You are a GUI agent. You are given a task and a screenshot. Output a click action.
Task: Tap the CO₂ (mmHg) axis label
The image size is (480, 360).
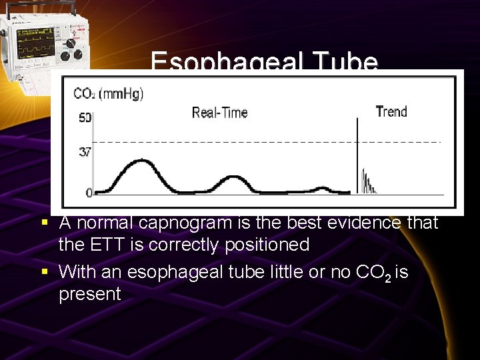pyautogui.click(x=108, y=94)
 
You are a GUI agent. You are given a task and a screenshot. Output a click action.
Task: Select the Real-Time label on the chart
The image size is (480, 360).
pyautogui.click(x=219, y=112)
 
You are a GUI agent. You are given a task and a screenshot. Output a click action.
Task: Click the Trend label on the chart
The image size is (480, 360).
pyautogui.click(x=391, y=111)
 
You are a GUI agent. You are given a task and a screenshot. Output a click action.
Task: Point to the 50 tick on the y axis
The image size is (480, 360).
pyautogui.click(x=85, y=118)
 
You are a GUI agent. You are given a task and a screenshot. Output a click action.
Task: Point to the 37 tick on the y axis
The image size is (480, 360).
pyautogui.click(x=85, y=151)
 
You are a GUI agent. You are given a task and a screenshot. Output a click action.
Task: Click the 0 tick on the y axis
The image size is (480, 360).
pyautogui.click(x=89, y=193)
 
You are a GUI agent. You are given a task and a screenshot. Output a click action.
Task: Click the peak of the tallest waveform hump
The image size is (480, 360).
pyautogui.click(x=139, y=161)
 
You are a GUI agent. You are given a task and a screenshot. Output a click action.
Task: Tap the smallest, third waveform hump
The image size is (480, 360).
pyautogui.click(x=323, y=189)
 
